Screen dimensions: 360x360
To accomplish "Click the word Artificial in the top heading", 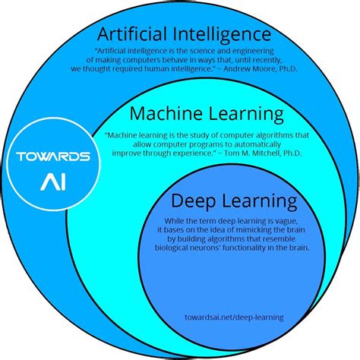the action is (132, 34).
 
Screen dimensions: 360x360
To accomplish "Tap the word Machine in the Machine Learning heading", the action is (166, 113).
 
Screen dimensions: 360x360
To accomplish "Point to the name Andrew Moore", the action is (250, 68).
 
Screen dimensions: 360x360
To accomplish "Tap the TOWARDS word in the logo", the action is (53, 156).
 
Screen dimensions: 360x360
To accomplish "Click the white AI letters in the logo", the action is (53, 182).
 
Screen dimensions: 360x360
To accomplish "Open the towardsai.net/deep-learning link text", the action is (234, 317).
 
